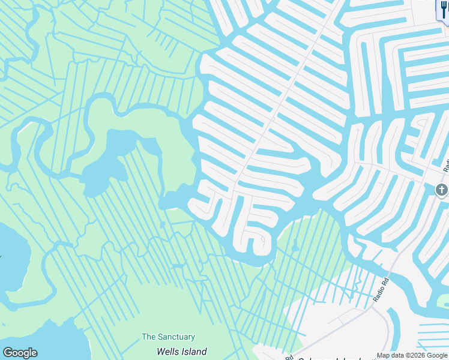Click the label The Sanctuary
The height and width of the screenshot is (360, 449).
coord(168,337)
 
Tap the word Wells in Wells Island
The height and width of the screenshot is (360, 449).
coord(168,352)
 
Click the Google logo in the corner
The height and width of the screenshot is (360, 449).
coord(20,353)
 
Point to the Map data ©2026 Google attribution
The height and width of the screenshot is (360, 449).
coord(412,355)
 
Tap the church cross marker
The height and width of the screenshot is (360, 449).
coord(441,191)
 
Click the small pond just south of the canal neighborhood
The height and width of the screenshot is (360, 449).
coord(295,247)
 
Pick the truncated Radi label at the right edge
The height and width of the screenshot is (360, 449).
coord(446,163)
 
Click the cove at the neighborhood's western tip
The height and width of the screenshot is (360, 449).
coord(174,199)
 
